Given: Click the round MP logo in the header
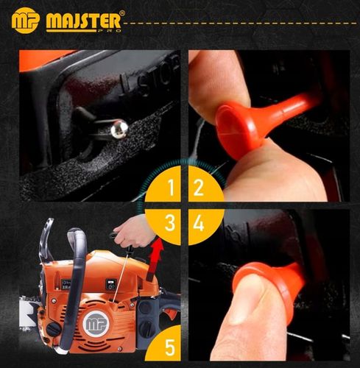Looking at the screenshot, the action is [25, 20].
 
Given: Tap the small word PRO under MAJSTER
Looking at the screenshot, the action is [111, 31].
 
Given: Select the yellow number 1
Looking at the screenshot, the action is [171, 188].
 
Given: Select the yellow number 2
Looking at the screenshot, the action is [199, 188].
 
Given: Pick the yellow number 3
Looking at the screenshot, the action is [169, 223].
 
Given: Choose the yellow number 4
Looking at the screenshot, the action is [199, 223].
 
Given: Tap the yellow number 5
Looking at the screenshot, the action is [170, 347].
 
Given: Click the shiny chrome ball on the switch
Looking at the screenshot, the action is [119, 128].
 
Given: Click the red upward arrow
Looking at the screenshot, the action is [154, 261].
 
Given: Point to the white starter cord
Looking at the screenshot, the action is [121, 277].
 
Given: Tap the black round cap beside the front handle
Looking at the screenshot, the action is [53, 329].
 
